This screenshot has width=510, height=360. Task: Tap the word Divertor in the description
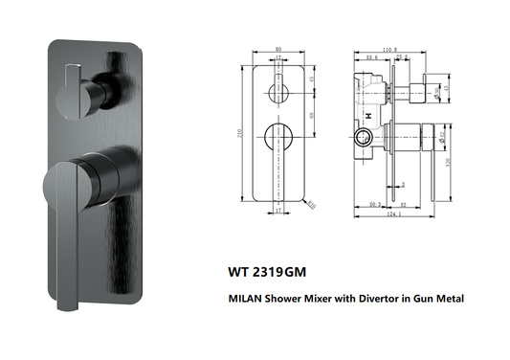click(x=381, y=299)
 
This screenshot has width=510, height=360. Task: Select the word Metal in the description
click(x=446, y=299)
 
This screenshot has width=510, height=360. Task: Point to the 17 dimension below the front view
click(x=278, y=210)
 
